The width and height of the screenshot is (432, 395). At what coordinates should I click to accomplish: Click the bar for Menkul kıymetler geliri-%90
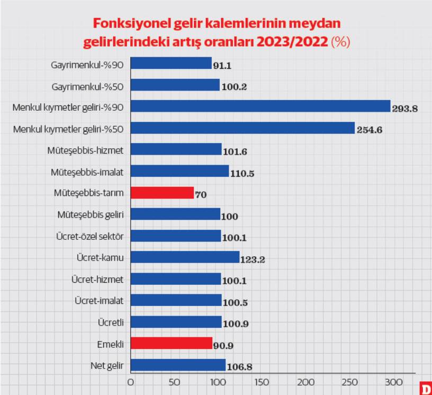[x=260, y=106]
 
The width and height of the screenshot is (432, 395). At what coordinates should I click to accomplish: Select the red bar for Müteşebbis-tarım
[x=162, y=193]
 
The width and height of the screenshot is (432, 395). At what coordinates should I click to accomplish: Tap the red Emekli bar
[x=171, y=343]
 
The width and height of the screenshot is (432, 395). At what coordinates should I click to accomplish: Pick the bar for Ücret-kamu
[x=184, y=257]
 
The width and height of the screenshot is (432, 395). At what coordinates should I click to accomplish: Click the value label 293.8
[x=405, y=109]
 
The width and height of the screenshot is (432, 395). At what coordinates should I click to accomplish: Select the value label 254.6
[x=369, y=130]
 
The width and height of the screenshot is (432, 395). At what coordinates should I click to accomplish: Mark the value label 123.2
[x=253, y=260]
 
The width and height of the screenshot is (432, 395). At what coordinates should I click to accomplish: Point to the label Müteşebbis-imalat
[x=87, y=172]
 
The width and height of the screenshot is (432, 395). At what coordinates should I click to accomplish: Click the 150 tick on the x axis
[x=262, y=382]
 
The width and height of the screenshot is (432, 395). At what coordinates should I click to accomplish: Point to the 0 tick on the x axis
[x=130, y=382]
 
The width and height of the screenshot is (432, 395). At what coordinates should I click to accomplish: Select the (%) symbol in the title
[x=340, y=42]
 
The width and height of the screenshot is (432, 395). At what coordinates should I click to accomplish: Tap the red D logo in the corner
[x=425, y=388]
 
